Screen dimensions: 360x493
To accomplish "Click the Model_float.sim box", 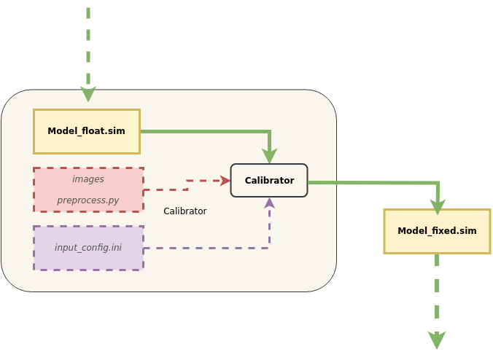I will pyautogui.click(x=87, y=132).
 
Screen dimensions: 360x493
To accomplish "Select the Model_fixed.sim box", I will pyautogui.click(x=437, y=232).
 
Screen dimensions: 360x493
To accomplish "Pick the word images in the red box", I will pyautogui.click(x=88, y=179).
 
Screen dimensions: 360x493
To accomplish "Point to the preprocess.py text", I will pyautogui.click(x=88, y=200).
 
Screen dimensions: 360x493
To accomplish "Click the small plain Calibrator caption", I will pyautogui.click(x=185, y=211).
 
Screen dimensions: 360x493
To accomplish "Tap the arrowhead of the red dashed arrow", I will pyautogui.click(x=226, y=181).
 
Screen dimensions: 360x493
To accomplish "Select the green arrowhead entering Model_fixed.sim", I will pyautogui.click(x=438, y=208).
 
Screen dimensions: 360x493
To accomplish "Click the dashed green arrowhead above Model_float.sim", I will pyautogui.click(x=88, y=95).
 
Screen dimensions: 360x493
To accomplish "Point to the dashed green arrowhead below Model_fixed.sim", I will pyautogui.click(x=437, y=342).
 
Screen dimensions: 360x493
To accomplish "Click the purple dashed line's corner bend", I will pyautogui.click(x=269, y=249).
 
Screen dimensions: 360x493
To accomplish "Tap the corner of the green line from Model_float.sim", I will pyautogui.click(x=270, y=132).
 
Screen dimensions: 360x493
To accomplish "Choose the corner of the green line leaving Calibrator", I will pyautogui.click(x=438, y=183).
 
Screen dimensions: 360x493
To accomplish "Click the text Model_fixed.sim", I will pyautogui.click(x=437, y=231).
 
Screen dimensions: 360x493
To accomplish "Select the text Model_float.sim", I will pyautogui.click(x=86, y=131).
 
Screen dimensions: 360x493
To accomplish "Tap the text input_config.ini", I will pyautogui.click(x=88, y=248).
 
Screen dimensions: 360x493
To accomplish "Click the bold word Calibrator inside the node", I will pyautogui.click(x=269, y=181).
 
